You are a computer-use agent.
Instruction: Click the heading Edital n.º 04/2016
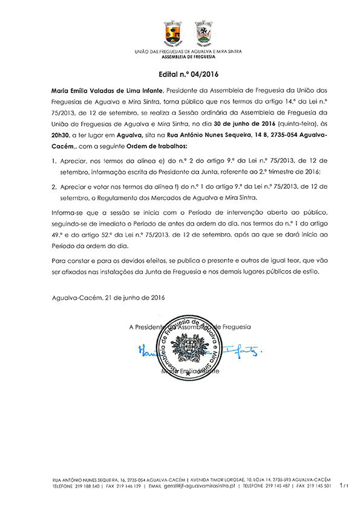pyautogui.click(x=180, y=76)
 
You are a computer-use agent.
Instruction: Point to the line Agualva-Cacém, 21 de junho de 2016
pyautogui.click(x=109, y=298)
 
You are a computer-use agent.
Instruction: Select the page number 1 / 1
pyautogui.click(x=344, y=485)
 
